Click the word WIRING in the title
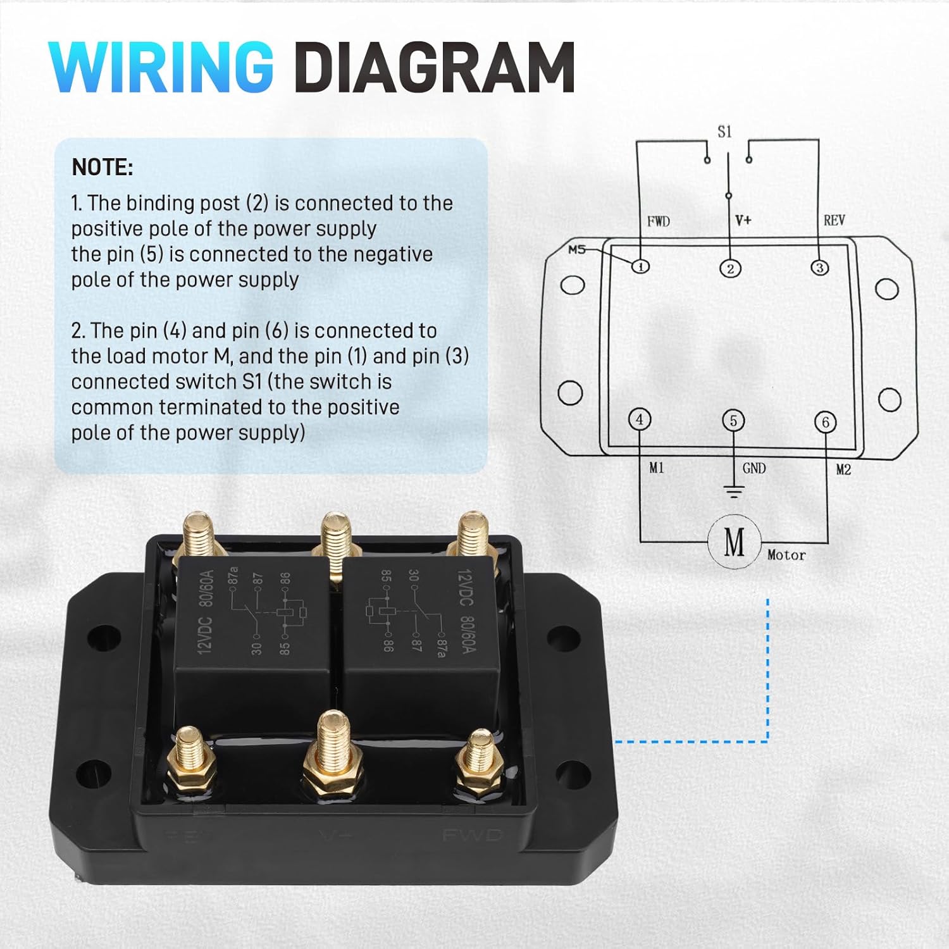point(161,67)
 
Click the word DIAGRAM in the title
point(434,67)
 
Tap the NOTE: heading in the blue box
point(102,168)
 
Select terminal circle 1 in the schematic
point(641,266)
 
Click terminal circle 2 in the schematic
point(730,269)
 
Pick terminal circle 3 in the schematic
point(819,268)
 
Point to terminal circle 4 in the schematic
point(640,419)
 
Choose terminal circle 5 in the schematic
point(733,421)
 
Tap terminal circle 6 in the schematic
point(825,422)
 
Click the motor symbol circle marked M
point(734,542)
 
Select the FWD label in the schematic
point(658,221)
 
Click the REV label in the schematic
point(834,220)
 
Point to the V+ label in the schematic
point(743,220)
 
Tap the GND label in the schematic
point(754,468)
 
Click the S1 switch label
point(724,132)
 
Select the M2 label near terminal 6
point(843,469)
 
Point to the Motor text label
point(786,555)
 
